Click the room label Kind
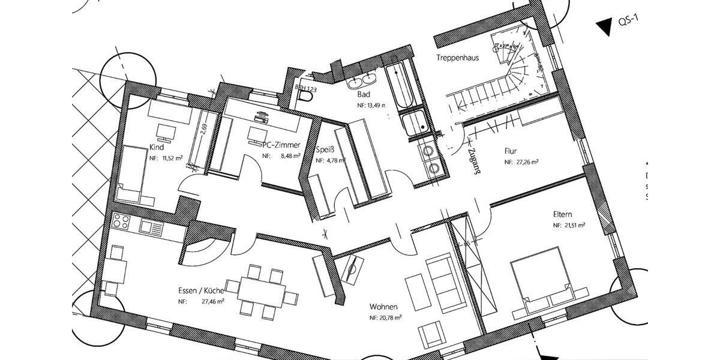point(156,146)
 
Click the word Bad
point(364,95)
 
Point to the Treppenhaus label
point(457,58)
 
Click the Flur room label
point(511,151)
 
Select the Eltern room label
point(562,214)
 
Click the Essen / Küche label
point(201,291)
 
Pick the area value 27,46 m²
point(213,302)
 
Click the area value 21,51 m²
point(573,226)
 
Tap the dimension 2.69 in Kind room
point(203,130)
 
